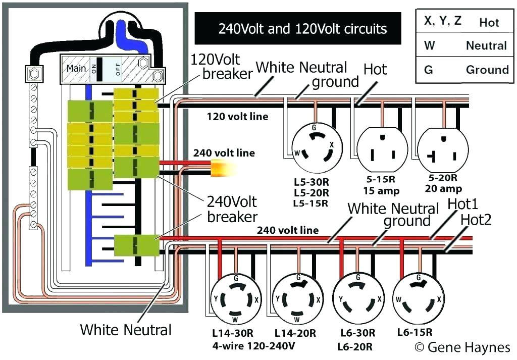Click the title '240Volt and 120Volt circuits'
(x=302, y=28)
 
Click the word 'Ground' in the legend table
(x=487, y=70)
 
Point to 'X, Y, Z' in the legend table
(x=442, y=22)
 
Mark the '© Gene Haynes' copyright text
(x=462, y=347)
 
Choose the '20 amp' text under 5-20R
(x=444, y=189)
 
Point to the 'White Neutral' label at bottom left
(x=126, y=330)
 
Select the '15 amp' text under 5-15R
(x=381, y=191)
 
